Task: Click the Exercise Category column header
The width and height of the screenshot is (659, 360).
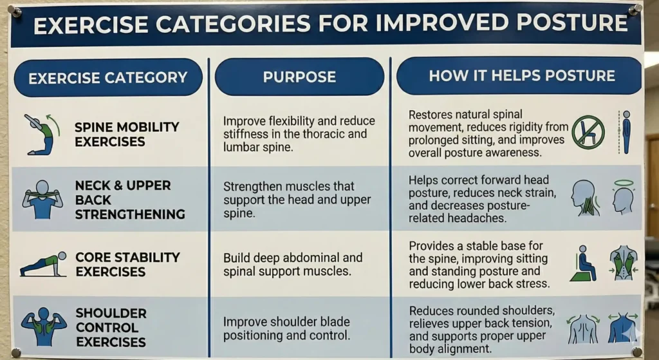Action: click(107, 78)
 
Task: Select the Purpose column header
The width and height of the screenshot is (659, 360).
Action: click(299, 77)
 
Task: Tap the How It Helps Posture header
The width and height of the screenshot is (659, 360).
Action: click(522, 76)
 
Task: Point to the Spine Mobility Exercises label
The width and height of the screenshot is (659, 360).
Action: click(118, 135)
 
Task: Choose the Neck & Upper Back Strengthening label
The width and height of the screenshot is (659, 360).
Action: click(123, 200)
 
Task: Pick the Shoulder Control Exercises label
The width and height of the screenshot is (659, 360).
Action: click(111, 328)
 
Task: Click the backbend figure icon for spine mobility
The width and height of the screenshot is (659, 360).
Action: click(42, 135)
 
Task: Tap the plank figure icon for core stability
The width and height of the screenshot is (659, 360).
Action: click(43, 265)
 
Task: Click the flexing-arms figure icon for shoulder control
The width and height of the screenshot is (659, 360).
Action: click(44, 328)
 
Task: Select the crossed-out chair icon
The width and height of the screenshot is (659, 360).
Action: click(588, 132)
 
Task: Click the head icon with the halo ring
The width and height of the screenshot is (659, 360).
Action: click(623, 196)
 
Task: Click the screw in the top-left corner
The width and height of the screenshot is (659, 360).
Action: click(15, 11)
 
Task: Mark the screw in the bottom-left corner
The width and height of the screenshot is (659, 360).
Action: click(15, 352)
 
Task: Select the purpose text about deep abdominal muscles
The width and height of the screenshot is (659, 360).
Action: click(293, 264)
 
